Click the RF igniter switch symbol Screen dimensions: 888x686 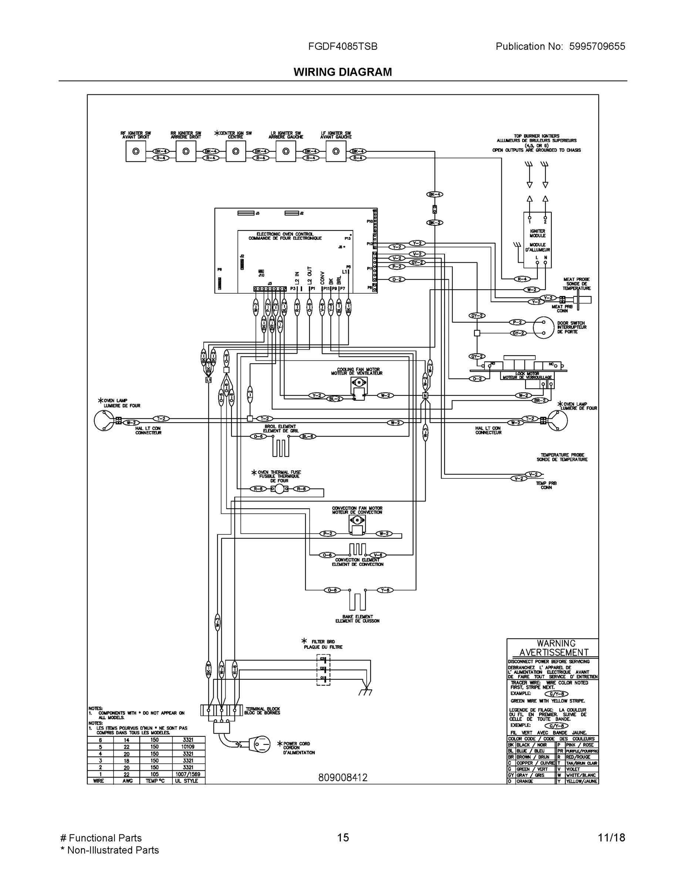point(136,152)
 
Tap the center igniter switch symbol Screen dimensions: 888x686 point(236,152)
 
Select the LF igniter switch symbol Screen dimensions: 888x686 point(336,152)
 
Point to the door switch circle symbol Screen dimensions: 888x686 point(543,327)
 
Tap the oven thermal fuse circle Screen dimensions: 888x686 point(279,489)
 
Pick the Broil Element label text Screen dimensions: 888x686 point(280,428)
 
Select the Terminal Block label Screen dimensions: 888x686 point(262,710)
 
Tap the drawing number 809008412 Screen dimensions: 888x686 point(342,777)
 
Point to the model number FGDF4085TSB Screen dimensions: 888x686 point(342,46)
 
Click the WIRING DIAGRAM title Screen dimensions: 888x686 point(342,72)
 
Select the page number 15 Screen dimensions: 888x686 point(342,838)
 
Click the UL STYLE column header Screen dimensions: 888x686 point(188,781)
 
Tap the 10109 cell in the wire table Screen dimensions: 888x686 point(188,747)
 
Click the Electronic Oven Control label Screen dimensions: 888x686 point(285,236)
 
